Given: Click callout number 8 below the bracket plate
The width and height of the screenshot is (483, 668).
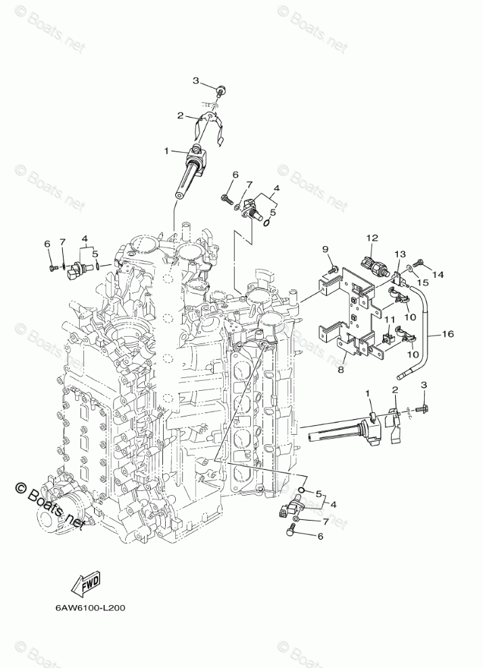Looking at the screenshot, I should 341,369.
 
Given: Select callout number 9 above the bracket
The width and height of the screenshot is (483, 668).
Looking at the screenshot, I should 325,249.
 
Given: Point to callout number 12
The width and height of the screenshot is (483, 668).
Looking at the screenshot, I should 372,238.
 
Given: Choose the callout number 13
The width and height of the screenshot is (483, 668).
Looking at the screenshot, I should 400,254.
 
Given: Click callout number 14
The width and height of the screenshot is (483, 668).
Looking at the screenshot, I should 438,275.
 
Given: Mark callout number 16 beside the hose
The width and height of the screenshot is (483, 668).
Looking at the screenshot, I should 447,334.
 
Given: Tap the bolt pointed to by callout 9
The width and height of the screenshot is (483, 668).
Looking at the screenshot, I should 332,270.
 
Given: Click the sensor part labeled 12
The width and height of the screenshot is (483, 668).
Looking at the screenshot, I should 376,264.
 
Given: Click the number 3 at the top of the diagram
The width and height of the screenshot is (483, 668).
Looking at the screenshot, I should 195,81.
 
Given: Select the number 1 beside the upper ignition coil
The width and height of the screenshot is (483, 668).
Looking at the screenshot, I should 166,151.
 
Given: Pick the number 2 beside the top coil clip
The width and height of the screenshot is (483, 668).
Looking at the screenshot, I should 181,116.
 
